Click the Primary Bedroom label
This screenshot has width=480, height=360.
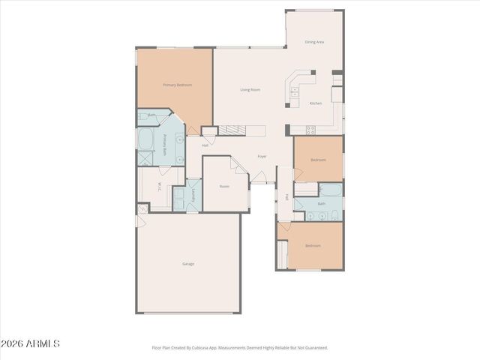tap(178, 85)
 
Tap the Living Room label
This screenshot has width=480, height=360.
tap(250, 90)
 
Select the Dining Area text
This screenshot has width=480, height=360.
tap(314, 43)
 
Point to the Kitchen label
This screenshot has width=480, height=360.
tap(316, 103)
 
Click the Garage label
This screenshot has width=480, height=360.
tap(188, 264)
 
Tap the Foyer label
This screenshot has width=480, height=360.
tap(262, 157)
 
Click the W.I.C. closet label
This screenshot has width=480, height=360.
tap(160, 186)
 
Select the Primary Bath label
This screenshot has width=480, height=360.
tap(166, 143)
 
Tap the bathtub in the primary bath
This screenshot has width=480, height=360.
tap(145, 139)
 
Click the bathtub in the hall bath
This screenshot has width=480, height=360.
tap(330, 190)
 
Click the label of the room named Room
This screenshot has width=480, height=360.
tap(224, 186)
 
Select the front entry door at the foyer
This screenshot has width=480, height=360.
tap(259, 178)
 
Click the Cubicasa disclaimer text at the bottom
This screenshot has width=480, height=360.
tap(239, 348)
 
